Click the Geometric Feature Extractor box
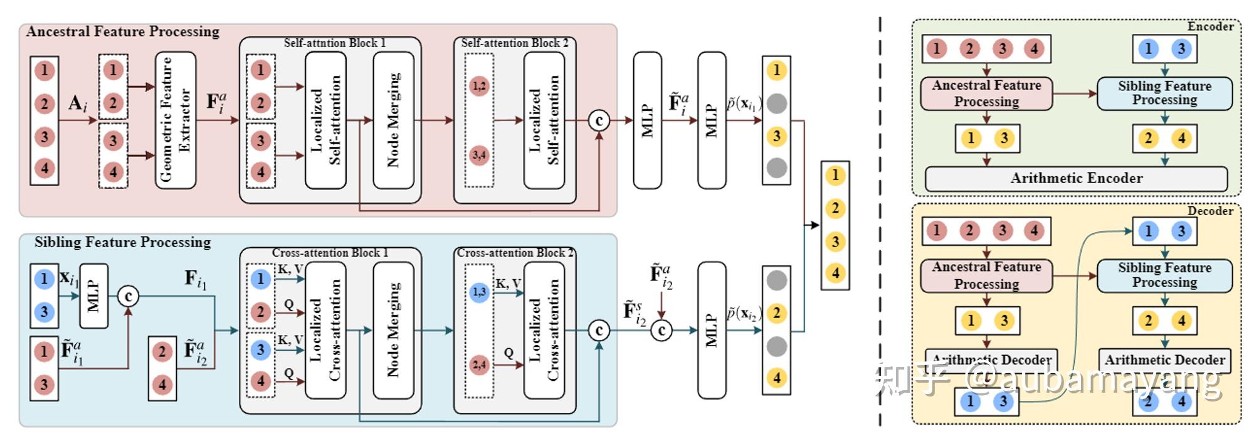(176, 120)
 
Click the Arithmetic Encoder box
(1076, 178)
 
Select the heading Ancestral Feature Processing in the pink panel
(123, 31)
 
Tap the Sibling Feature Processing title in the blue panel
(123, 242)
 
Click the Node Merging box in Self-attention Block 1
(393, 120)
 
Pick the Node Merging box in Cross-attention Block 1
(393, 330)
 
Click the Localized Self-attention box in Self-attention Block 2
(544, 120)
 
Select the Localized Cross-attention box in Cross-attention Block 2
(544, 330)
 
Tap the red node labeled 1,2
(479, 86)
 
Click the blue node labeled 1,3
(479, 292)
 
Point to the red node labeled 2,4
(479, 364)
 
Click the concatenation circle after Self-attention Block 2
(599, 120)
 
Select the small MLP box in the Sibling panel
(93, 295)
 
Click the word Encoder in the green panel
(1210, 27)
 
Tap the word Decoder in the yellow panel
(1210, 211)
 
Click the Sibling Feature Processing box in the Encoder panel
(1164, 93)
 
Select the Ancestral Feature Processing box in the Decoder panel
(986, 275)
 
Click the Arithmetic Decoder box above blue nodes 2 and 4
(1164, 360)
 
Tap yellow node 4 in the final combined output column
(835, 274)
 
